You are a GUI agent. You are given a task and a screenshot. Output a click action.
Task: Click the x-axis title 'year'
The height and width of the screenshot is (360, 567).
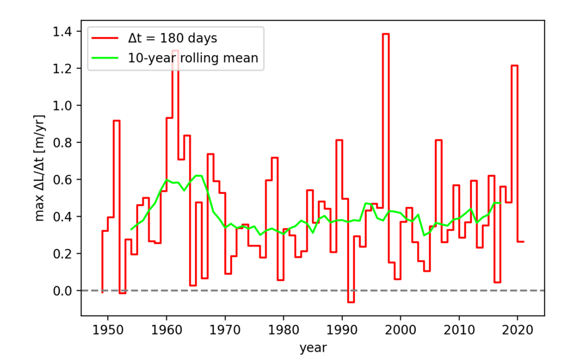pos(313,347)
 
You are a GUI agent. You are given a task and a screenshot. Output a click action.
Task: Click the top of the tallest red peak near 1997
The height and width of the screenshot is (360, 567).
pos(386,34)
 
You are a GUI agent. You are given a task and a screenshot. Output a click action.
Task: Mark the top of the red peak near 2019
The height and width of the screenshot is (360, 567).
pos(514,65)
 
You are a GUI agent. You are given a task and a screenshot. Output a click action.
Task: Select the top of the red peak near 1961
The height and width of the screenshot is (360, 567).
pos(175,50)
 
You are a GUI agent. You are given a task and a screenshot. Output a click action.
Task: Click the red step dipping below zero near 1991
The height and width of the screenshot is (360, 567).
pos(351,302)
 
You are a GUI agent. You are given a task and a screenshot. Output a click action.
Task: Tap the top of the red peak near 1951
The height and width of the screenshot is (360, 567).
pos(116,120)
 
